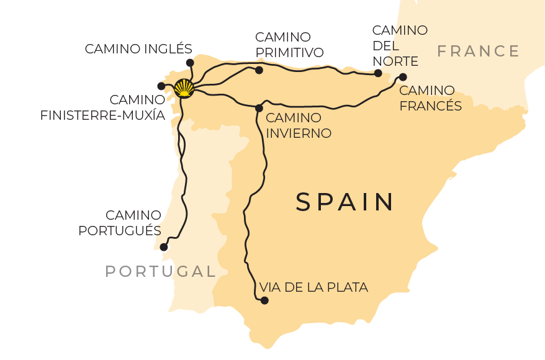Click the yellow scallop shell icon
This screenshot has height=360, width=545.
coord(184,88)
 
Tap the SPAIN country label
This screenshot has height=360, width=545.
coord(345,202)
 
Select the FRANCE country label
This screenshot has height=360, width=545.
coord(478,51)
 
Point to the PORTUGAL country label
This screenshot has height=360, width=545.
coord(160,271)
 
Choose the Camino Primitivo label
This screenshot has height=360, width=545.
coord(289,45)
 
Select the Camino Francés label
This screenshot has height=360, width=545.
coord(430,98)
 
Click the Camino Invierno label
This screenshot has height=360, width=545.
coord(298,125)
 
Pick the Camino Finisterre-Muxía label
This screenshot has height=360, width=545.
coord(102,107)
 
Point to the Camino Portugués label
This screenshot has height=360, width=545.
coord(120,223)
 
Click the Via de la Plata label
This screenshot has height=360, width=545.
coord(313,287)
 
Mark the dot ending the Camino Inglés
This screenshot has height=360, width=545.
coord(190,62)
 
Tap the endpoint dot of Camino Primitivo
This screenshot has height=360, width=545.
coord(259,70)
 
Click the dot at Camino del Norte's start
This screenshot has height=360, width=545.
coord(378,73)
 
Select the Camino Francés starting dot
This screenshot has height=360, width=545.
coord(403,77)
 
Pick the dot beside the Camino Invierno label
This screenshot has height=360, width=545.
coord(259,108)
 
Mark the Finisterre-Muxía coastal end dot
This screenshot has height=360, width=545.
coord(161,86)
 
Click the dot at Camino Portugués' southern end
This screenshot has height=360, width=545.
coord(164,247)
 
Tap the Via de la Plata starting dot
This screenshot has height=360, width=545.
coord(264,300)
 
